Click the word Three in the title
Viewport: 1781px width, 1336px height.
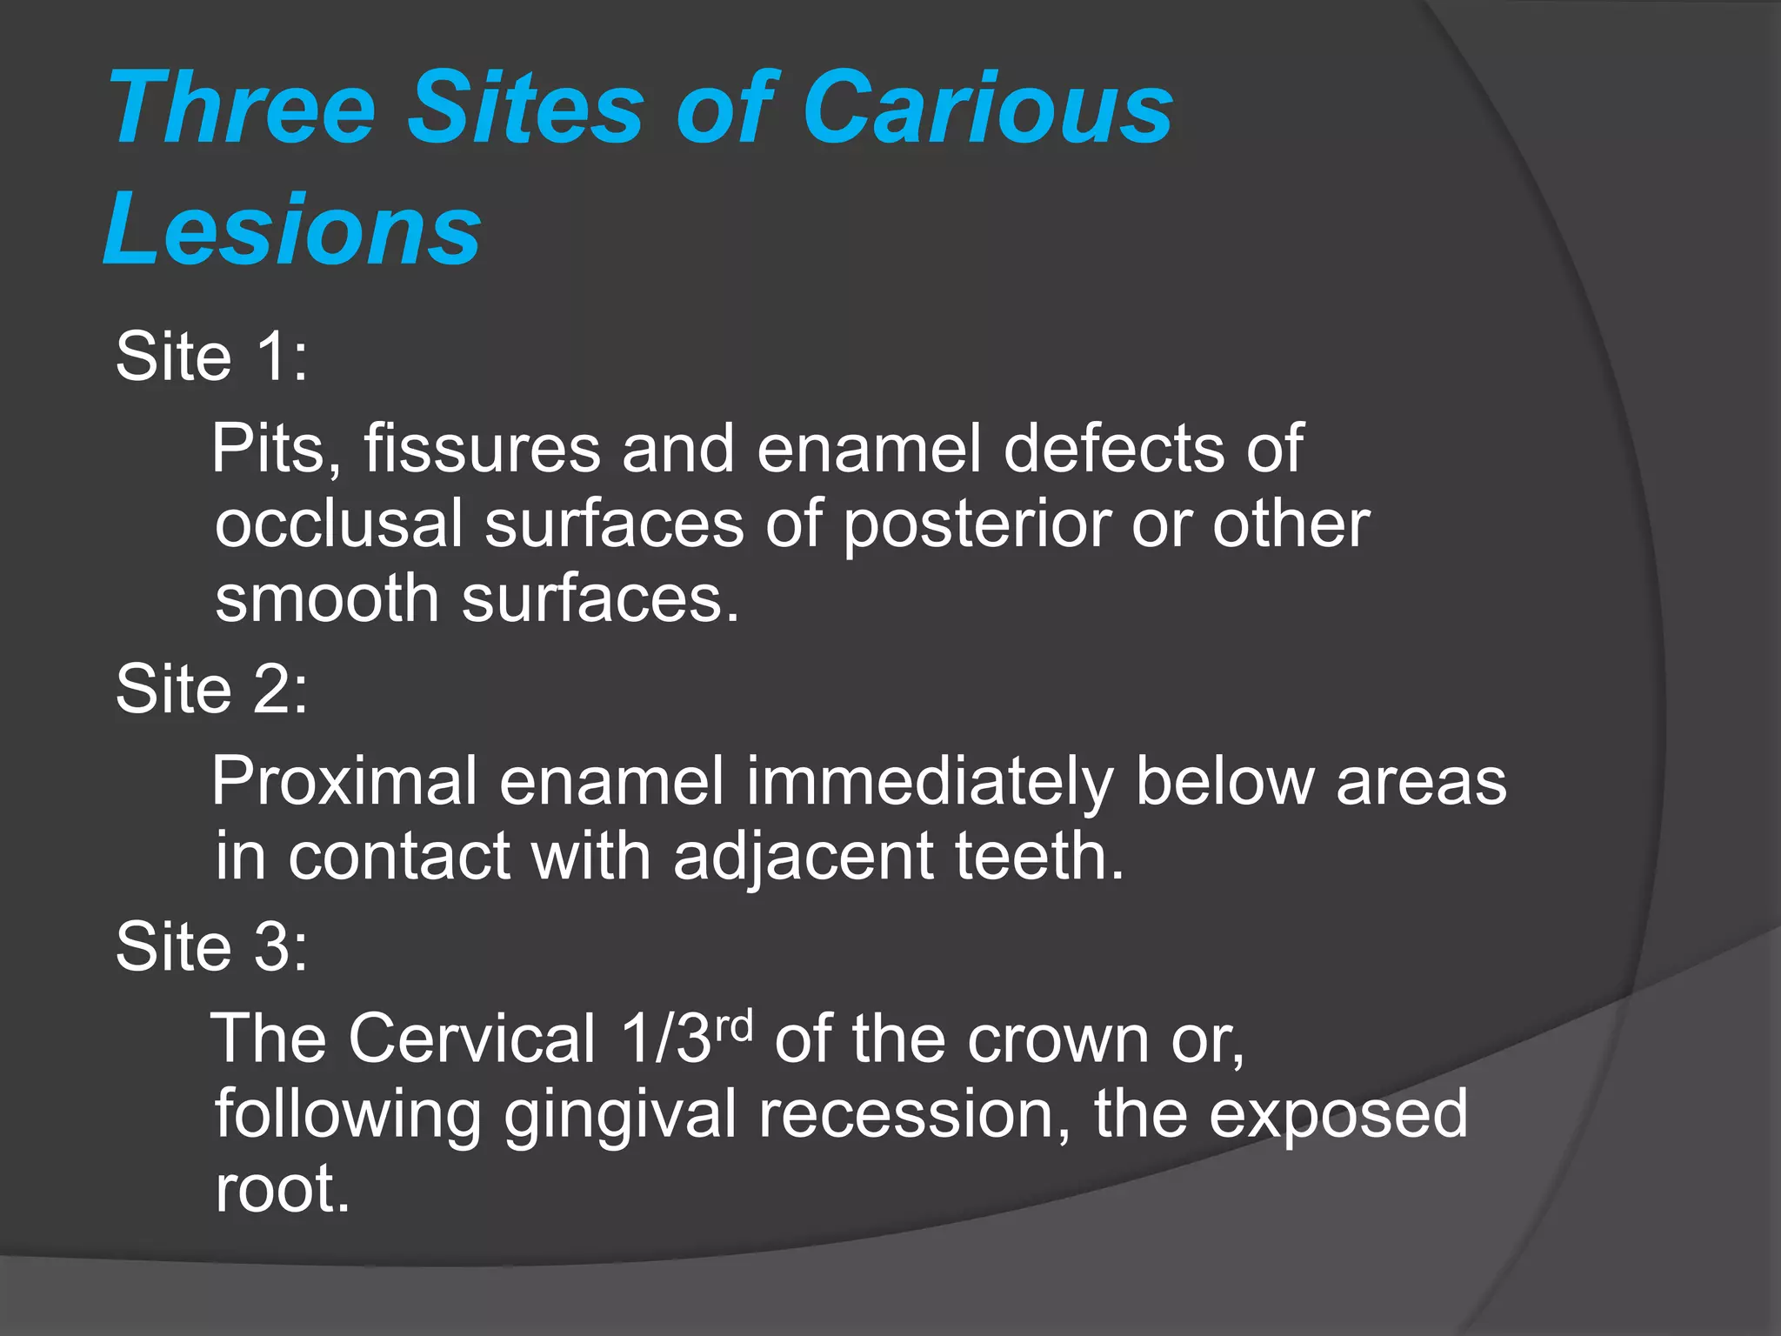point(243,108)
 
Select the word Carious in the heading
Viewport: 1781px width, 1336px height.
point(988,108)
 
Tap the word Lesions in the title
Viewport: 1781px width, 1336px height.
point(292,230)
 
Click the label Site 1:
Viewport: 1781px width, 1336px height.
point(211,356)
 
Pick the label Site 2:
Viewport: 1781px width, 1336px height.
point(211,689)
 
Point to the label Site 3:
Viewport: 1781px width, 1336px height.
point(211,946)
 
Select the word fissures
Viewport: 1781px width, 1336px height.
point(482,449)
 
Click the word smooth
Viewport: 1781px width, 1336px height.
point(327,599)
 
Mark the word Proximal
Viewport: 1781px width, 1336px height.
point(344,781)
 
